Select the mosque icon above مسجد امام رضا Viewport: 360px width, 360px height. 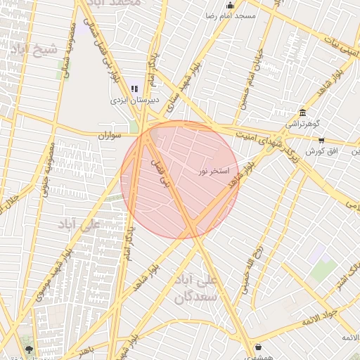click(229, 6)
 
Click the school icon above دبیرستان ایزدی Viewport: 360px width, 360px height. click(134, 89)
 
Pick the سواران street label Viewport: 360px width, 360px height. click(110, 134)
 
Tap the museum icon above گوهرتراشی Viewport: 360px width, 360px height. click(302, 112)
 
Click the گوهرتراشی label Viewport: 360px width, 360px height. click(302, 124)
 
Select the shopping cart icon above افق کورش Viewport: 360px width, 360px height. click(321, 141)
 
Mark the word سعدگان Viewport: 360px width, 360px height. click(193, 297)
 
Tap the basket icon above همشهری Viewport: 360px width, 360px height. click(258, 347)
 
